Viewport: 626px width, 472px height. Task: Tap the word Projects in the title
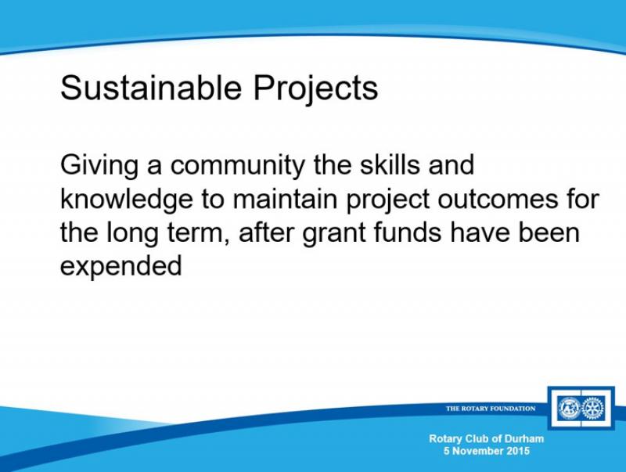click(315, 89)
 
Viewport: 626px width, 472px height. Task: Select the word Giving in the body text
click(99, 166)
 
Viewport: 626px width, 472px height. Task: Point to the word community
click(238, 166)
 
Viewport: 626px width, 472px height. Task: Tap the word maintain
click(285, 198)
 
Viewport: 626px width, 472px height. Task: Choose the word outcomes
click(498, 199)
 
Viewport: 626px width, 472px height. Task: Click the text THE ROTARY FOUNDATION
click(491, 408)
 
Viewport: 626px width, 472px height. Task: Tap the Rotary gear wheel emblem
click(594, 409)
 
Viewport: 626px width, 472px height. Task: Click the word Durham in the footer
click(523, 439)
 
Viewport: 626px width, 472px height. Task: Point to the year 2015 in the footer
click(518, 451)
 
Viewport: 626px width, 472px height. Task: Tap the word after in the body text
click(266, 232)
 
